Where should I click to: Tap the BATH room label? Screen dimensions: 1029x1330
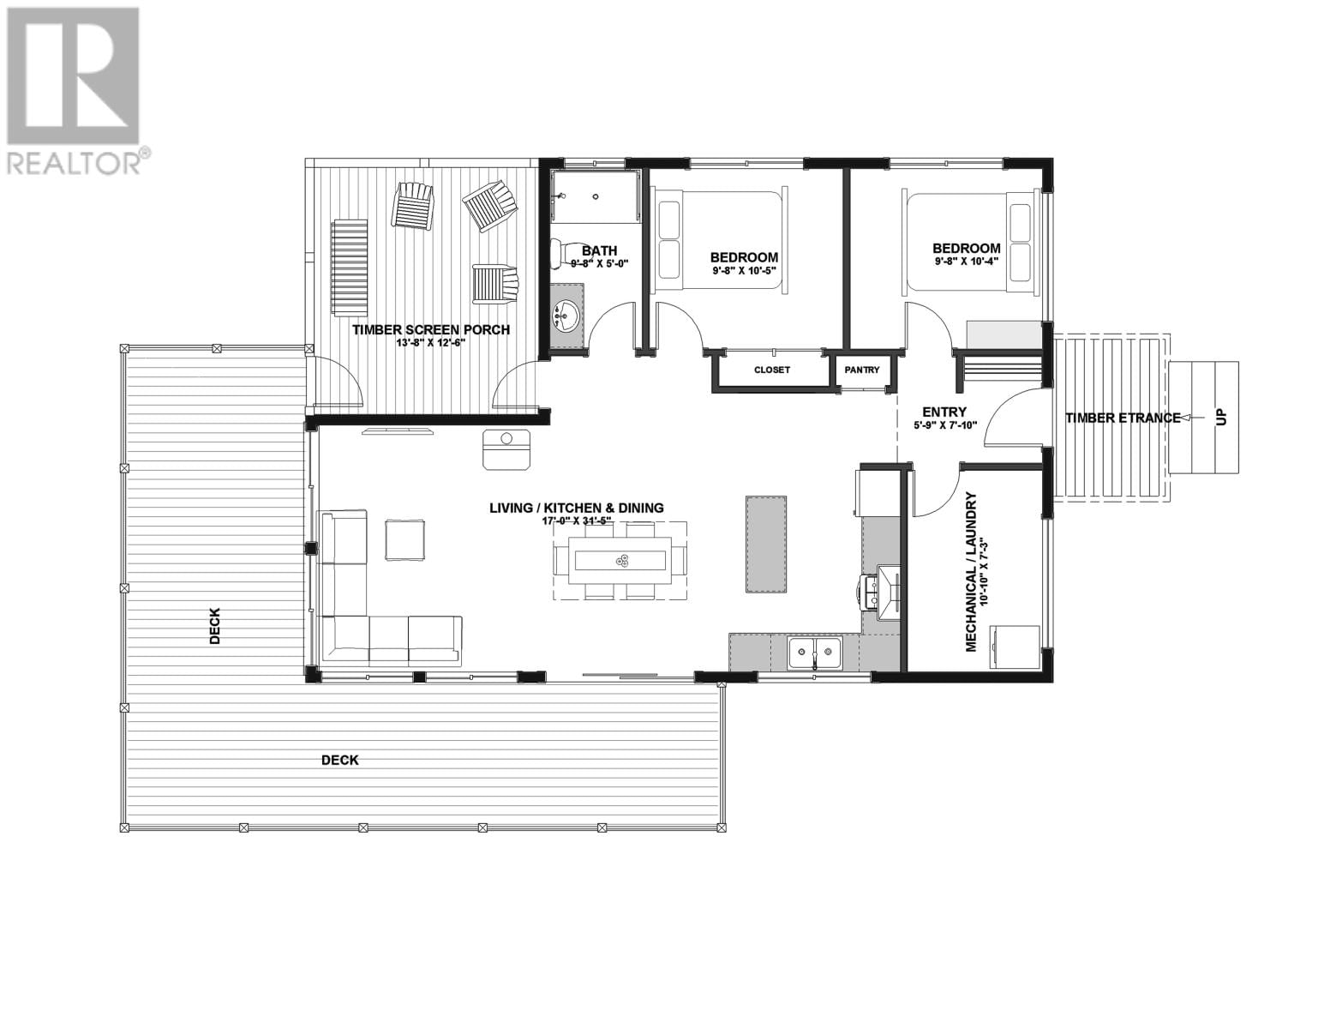[x=599, y=251]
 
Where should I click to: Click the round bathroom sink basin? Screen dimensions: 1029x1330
[x=566, y=317]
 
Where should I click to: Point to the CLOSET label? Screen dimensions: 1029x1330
[x=771, y=370]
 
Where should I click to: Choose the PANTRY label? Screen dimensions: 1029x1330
[x=861, y=370]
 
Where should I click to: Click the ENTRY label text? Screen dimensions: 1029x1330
[x=944, y=412]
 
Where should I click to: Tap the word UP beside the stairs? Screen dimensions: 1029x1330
[x=1221, y=418]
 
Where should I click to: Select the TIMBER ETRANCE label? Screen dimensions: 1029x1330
[x=1123, y=418]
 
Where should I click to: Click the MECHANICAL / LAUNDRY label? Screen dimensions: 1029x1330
[x=972, y=572]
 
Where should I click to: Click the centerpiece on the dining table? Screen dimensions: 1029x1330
[x=622, y=561]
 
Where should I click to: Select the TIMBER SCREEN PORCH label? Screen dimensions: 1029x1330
[x=431, y=330]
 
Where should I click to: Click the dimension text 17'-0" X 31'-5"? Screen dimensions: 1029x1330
[x=576, y=521]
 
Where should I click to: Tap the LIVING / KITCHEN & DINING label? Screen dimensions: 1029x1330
[x=576, y=508]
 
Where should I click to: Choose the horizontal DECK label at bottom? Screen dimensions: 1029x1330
[x=340, y=760]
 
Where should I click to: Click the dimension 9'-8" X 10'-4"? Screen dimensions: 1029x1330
[x=967, y=262]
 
